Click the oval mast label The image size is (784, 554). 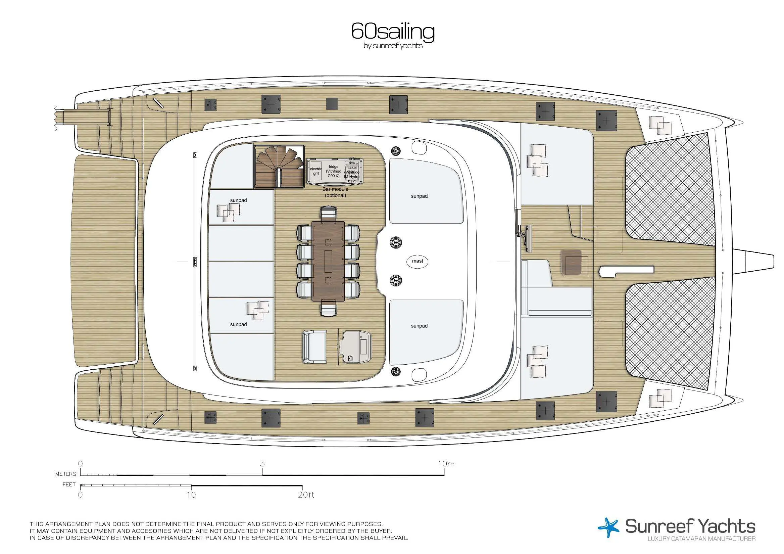coord(417,261)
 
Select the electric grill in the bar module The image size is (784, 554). coord(316,171)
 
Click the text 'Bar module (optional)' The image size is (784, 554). coord(335,192)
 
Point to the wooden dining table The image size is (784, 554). coord(328,261)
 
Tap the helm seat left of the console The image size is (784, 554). coord(314,347)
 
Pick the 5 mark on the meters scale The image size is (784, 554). coord(262,463)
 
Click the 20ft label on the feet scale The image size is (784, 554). coord(306,495)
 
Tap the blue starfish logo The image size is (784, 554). coord(608,527)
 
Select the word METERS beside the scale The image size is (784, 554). coord(66,474)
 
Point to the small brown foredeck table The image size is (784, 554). coord(572,262)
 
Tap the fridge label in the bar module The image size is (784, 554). coord(333,171)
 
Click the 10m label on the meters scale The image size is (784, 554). coord(446,463)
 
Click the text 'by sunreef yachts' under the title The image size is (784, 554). coord(393,46)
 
